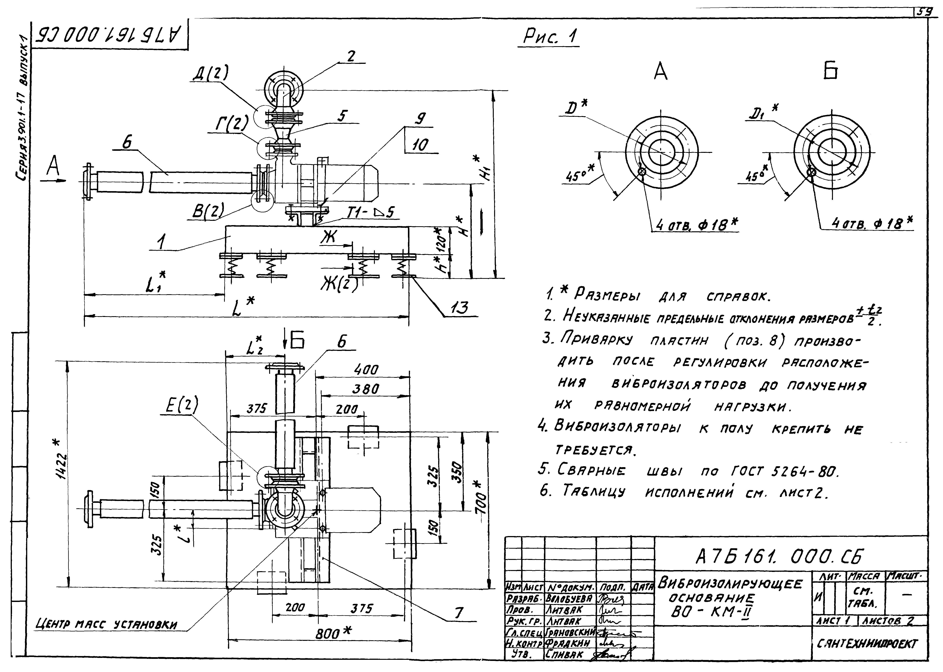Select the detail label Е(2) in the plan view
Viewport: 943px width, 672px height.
(x=182, y=405)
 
